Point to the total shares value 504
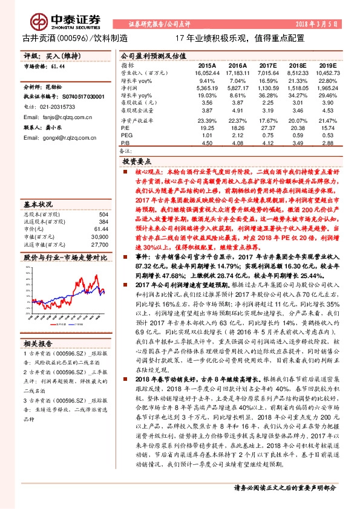click(103, 197)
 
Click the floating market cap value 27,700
click(99, 229)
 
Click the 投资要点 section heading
click(138, 163)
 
